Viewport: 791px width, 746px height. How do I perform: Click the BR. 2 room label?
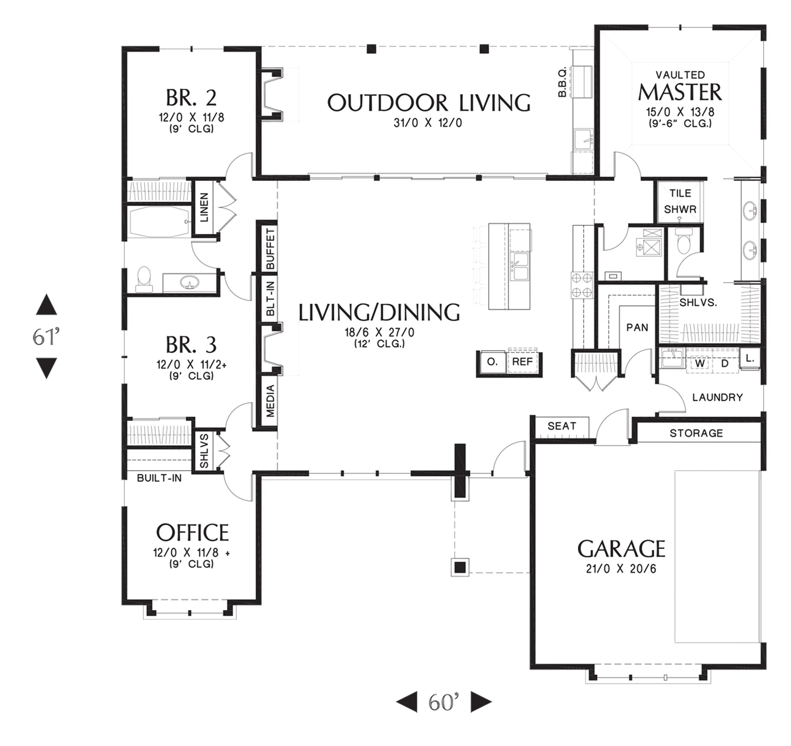point(191,98)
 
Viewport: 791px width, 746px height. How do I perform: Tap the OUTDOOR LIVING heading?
point(429,103)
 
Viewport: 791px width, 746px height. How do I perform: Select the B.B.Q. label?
point(562,83)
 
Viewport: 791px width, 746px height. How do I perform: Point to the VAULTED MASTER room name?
point(680,87)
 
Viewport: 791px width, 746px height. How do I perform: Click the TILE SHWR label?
point(680,201)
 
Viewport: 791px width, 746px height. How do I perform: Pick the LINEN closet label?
point(204,207)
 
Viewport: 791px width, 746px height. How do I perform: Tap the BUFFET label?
point(270,249)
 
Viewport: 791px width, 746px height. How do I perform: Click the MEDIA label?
point(271,401)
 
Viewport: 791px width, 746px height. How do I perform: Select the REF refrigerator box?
point(522,362)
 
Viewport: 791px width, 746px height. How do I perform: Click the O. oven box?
point(492,362)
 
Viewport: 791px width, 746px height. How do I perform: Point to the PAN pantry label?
point(637,327)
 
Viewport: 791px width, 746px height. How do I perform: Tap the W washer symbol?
point(700,363)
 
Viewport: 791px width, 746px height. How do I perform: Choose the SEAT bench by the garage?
point(562,427)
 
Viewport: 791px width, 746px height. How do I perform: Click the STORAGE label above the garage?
point(696,433)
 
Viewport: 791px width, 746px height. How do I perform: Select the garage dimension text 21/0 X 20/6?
point(621,569)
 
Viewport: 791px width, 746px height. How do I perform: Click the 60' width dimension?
point(444,702)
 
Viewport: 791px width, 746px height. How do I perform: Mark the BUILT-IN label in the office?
point(159,478)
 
